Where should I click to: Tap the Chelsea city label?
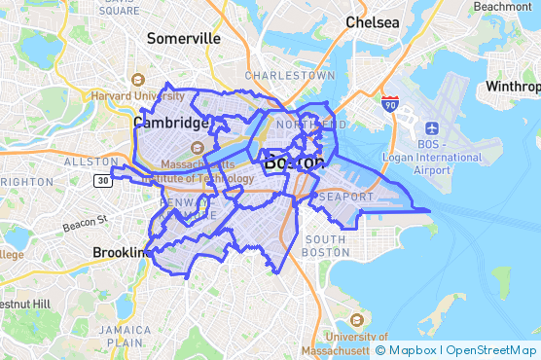[375, 22]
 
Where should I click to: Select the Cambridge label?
[171, 124]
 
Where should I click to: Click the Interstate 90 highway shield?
[389, 102]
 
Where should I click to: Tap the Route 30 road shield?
[103, 180]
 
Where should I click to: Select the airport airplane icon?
[431, 126]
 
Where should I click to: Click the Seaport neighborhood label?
[344, 198]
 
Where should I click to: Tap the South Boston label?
[325, 245]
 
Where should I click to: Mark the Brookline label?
[120, 252]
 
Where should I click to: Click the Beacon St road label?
[85, 226]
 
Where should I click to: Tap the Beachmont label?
[502, 6]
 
